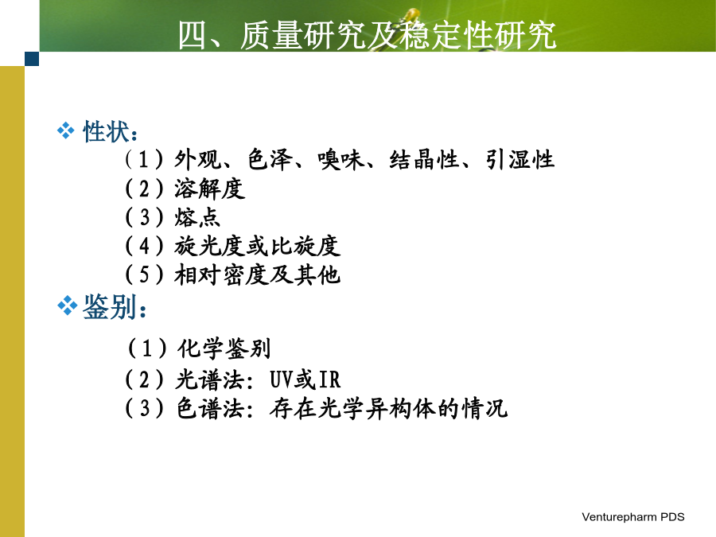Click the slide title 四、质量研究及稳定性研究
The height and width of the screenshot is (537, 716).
point(367,35)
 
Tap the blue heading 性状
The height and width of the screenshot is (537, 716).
point(106,131)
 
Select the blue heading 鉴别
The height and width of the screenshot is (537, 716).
point(110,306)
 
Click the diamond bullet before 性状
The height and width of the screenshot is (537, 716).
point(66,130)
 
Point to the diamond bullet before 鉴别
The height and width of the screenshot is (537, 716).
point(67,305)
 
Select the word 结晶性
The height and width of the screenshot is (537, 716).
point(425,160)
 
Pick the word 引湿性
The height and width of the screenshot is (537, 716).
point(519,160)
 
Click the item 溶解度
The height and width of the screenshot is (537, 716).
point(209,189)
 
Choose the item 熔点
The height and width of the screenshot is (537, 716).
point(197,217)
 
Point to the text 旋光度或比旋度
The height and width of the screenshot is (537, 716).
point(257,246)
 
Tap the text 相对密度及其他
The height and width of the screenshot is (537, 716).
point(257,275)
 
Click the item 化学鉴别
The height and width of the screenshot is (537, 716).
point(224,348)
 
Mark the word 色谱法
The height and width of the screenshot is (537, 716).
point(211,408)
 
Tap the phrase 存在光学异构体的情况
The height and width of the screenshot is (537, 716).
point(388,408)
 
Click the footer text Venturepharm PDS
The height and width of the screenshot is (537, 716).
point(633,517)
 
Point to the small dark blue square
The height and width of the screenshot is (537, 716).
point(32,59)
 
